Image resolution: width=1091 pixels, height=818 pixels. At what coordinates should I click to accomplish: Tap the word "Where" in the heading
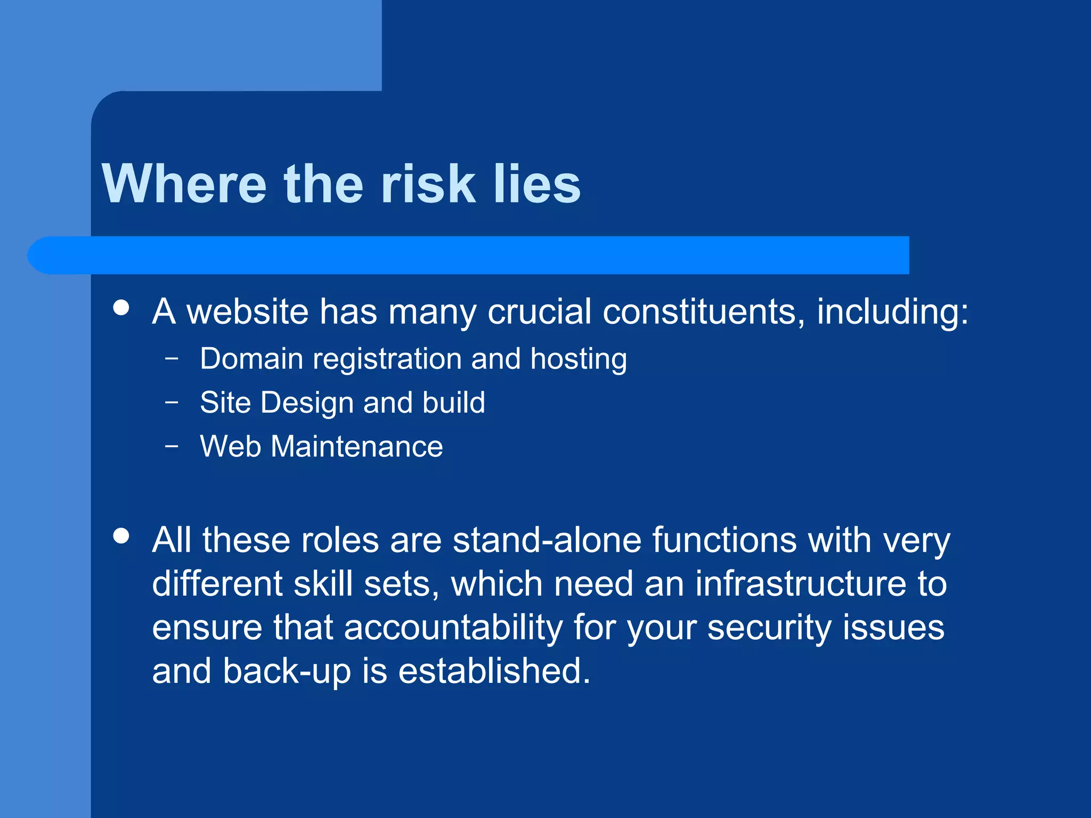[184, 184]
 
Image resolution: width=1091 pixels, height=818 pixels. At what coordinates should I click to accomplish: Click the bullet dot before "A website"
[121, 308]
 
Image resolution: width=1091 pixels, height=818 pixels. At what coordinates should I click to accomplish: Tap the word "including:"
[892, 313]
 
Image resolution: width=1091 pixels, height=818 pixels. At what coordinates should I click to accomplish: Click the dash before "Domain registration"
[172, 358]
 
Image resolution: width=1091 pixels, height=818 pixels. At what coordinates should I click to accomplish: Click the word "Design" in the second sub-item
[307, 403]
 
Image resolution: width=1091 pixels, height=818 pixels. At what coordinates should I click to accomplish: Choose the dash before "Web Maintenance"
[172, 446]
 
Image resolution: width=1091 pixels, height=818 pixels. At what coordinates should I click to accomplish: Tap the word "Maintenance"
[356, 446]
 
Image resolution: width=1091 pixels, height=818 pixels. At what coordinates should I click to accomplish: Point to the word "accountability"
[453, 628]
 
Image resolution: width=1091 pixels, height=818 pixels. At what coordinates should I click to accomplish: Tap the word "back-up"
[287, 672]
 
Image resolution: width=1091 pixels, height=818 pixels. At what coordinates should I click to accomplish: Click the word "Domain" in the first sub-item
[251, 359]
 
